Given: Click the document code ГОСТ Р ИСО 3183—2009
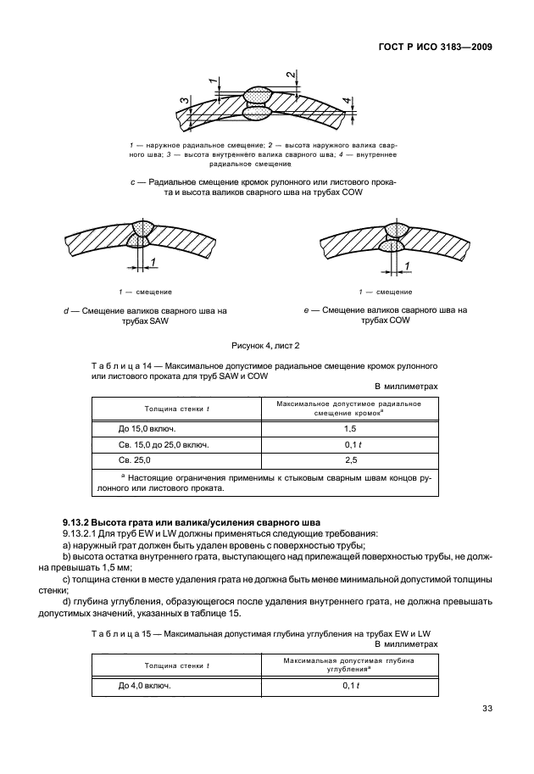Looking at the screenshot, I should pos(431,47).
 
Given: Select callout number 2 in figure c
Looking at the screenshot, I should pos(291,76).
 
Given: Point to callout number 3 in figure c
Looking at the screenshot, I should pos(183,103).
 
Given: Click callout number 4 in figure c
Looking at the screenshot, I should pos(346,103).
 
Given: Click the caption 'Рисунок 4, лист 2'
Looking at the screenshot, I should pos(266,347).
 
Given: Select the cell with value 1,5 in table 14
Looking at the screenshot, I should pos(348,429).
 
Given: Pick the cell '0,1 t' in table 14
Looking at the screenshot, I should pos(348,444).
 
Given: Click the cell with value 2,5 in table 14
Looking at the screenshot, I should pos(348,459).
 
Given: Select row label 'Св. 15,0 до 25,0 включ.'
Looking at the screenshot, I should pos(151,444).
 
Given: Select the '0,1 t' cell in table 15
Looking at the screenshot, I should pos(348,686).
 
